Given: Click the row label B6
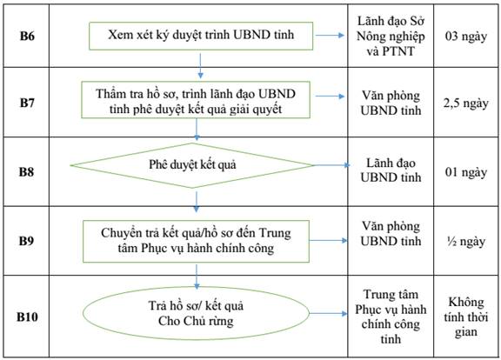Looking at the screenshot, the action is (x=27, y=36).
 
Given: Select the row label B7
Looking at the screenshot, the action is (x=27, y=103).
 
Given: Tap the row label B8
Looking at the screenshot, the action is (x=26, y=172).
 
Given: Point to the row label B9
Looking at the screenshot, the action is (x=26, y=241).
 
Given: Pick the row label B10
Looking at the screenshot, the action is (x=27, y=317).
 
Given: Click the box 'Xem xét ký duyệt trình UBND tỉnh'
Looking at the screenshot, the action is (x=201, y=36).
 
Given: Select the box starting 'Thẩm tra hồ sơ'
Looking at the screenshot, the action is (x=196, y=100).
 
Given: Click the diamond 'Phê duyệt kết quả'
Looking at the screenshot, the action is (x=192, y=165).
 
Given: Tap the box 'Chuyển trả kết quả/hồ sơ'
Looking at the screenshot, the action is (x=196, y=241).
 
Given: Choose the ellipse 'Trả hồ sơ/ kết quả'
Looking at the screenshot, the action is (x=196, y=313).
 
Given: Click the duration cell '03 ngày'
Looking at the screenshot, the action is (x=466, y=37).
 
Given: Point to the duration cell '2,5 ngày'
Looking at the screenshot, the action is (x=466, y=103).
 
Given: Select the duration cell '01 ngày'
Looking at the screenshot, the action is (x=466, y=172).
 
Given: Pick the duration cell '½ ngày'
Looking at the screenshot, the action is (x=466, y=242).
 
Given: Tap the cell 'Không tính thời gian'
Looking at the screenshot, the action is (x=466, y=317).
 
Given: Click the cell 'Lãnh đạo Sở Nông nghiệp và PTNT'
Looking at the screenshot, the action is (x=391, y=37).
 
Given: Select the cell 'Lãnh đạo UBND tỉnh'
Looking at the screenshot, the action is (x=391, y=170).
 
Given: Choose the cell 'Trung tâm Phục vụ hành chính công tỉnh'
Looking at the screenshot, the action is (x=391, y=317).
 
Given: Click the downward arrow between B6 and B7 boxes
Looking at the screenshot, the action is (x=200, y=66).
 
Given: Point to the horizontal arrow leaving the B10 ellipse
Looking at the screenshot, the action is (x=328, y=314).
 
